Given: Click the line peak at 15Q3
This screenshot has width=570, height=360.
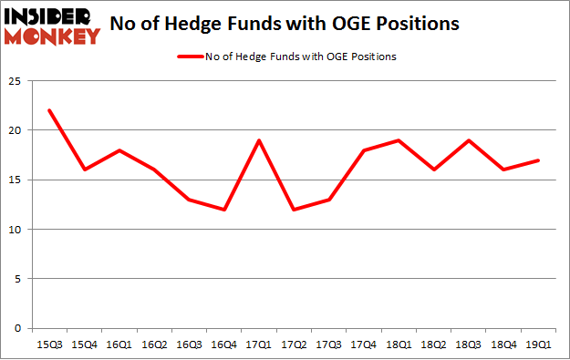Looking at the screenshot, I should (50, 110).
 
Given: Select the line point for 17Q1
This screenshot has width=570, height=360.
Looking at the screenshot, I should (259, 140).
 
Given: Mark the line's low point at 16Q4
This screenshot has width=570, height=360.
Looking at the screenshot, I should (224, 210).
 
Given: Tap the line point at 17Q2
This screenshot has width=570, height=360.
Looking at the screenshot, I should (294, 210).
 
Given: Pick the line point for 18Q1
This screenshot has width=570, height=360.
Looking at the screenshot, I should (398, 140).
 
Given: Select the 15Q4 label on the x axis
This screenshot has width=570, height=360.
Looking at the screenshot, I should (85, 344).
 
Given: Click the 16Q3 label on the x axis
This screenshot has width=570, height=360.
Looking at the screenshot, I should (190, 344).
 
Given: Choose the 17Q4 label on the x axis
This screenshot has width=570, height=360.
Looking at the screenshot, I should (363, 344).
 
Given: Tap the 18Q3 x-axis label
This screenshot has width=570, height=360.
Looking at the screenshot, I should (467, 344).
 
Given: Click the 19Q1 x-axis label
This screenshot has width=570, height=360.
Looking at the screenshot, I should (536, 344).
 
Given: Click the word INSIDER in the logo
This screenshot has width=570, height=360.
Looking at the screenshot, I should (49, 16).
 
